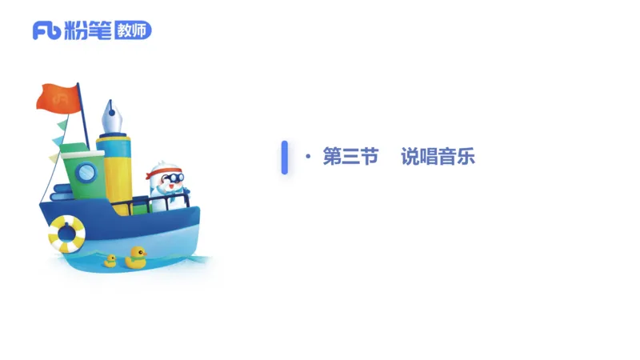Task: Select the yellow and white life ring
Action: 66,234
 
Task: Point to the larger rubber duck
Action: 135,257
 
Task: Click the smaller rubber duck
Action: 110,260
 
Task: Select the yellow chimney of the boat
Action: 114,172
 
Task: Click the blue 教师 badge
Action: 131,30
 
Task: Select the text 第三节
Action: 350,157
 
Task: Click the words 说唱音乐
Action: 438,157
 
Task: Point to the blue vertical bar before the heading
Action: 284,157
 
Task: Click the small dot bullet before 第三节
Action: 308,158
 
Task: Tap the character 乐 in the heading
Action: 466,157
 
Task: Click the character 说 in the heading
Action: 410,157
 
